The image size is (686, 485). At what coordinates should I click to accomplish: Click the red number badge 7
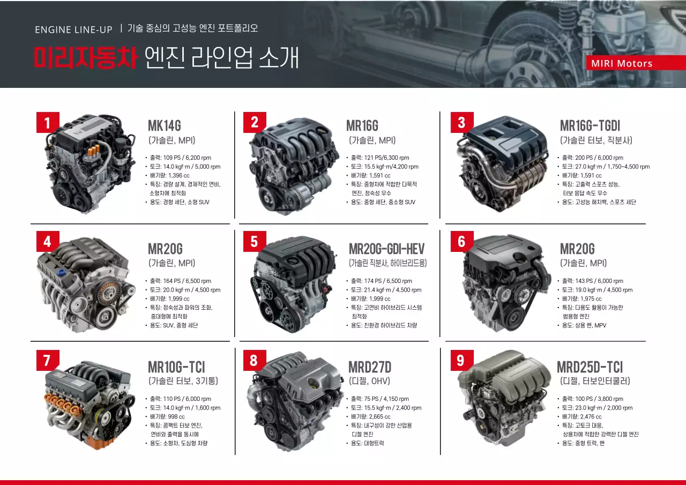pos(47,360)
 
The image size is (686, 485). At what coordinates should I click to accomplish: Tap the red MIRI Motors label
pos(622,63)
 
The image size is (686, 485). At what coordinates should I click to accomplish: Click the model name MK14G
pos(164,125)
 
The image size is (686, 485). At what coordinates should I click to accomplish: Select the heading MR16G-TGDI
pos(590,125)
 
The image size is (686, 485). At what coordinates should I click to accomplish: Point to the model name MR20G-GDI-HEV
pos(386,249)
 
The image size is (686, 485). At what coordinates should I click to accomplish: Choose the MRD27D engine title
pos(370,367)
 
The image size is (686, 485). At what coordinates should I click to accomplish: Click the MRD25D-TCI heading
pos(590,367)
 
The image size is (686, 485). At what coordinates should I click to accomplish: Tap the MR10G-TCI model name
pos(176,367)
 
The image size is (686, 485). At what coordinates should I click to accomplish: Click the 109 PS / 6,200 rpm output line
pos(181,158)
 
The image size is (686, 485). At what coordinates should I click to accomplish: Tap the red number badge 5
pos(254,242)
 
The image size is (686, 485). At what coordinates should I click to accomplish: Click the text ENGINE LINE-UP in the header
pos(73,29)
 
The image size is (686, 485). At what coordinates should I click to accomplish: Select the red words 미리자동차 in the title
pos(85,58)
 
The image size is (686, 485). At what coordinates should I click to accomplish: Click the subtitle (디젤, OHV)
pos(369,381)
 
